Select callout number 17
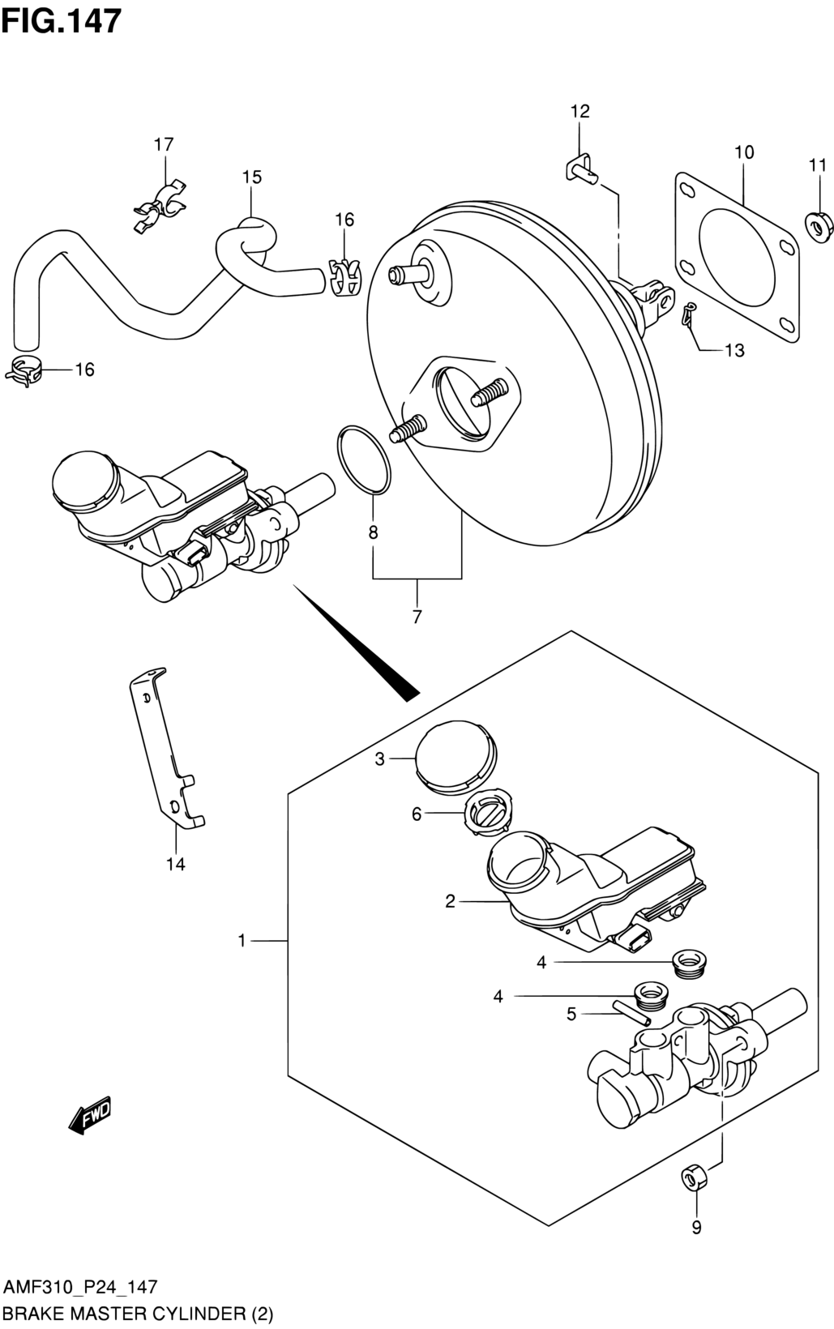164,144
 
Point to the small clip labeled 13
689,314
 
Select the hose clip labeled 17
159,205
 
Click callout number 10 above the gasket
744,152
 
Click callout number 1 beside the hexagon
242,941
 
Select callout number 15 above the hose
252,177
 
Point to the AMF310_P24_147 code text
81,1287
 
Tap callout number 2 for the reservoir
450,918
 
